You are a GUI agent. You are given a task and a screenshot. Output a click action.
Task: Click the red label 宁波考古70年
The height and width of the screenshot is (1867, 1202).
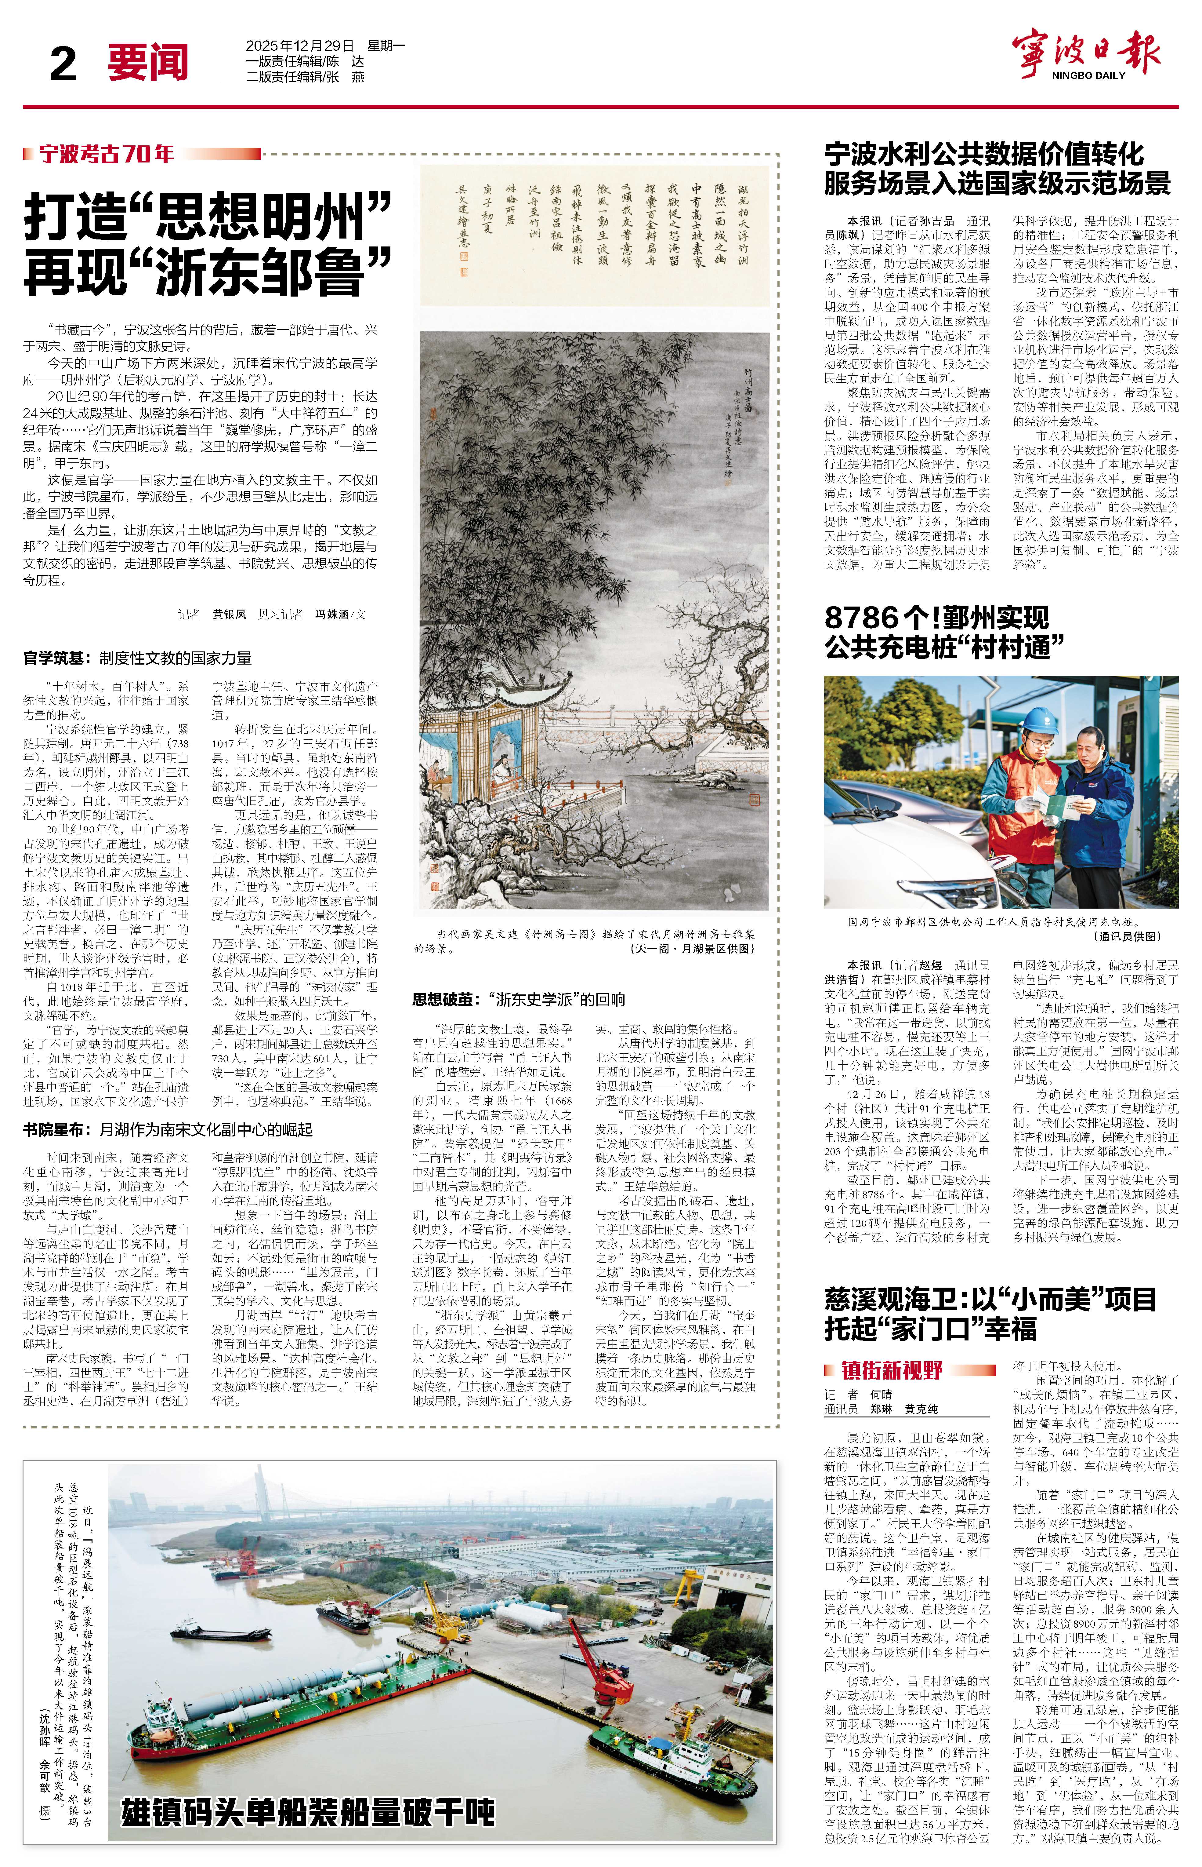pyautogui.click(x=107, y=154)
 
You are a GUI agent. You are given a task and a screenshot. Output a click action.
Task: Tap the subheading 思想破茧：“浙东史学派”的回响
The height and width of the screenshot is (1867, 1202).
pyautogui.click(x=518, y=1000)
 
